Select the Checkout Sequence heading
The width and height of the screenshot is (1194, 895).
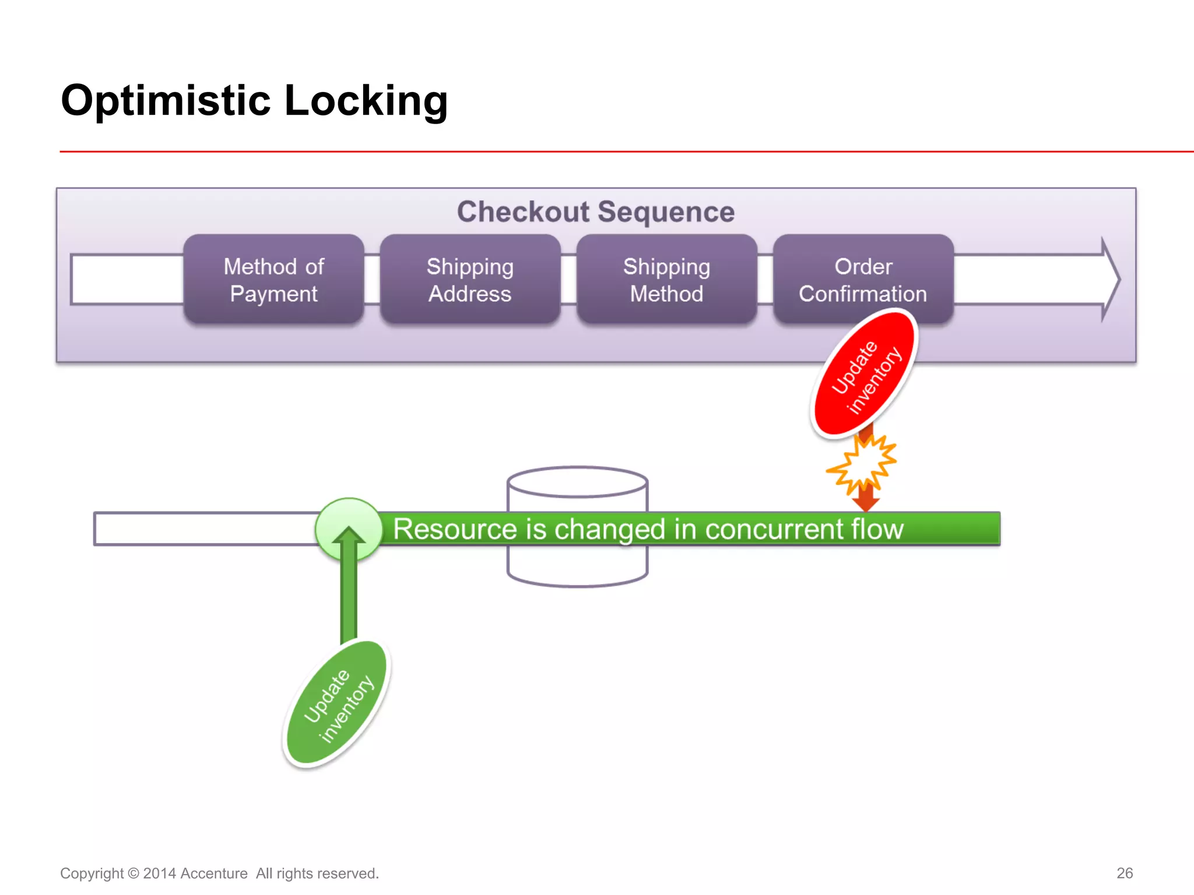point(595,212)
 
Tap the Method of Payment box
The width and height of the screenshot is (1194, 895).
point(273,280)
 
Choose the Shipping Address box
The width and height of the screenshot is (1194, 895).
point(470,280)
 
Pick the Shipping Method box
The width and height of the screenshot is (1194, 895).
point(666,280)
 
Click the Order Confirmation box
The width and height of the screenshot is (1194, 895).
point(863,280)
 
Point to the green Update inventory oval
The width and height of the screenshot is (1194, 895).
point(338,703)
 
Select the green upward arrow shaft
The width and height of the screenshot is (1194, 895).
point(349,594)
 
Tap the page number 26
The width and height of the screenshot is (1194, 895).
point(1124,873)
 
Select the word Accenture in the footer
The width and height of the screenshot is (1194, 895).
point(214,873)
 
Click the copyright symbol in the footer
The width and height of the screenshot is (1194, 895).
point(133,873)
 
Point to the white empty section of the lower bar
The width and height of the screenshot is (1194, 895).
point(204,529)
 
